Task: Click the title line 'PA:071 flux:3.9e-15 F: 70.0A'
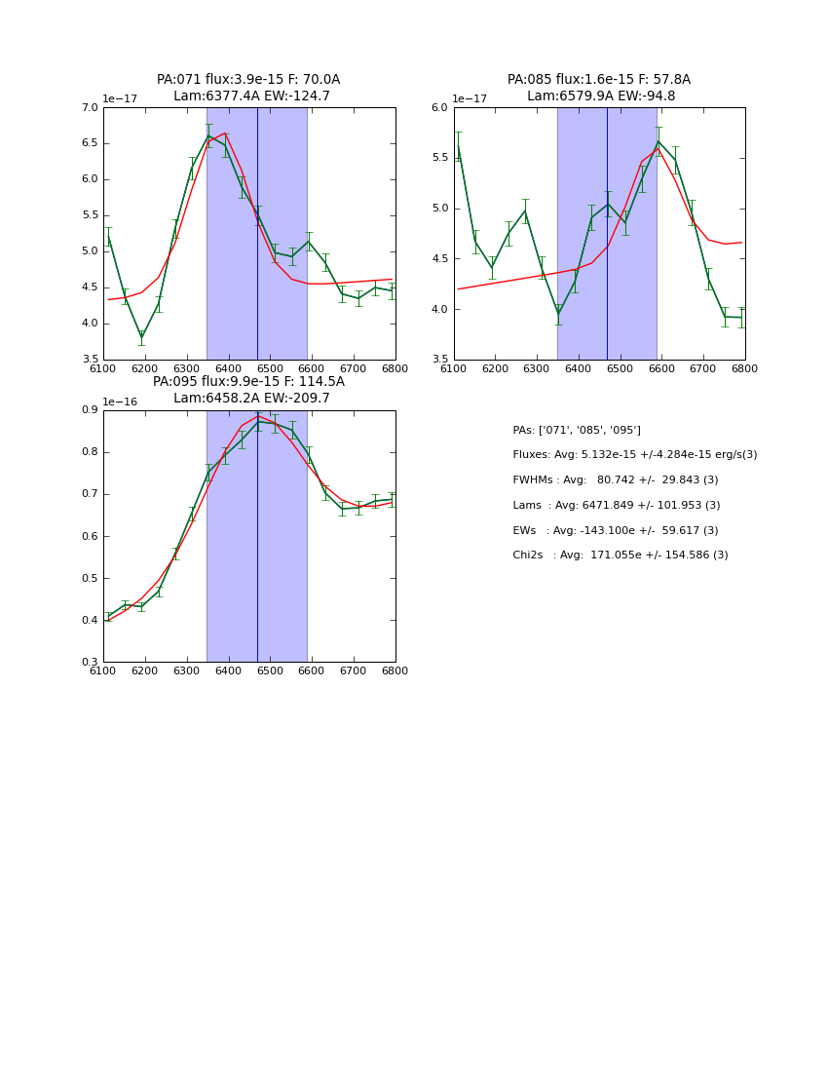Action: (248, 80)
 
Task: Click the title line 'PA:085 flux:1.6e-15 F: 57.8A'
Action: (599, 80)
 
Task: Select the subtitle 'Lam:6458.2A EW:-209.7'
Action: (251, 399)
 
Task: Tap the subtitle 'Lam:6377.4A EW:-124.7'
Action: (251, 96)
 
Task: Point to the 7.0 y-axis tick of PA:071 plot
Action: (91, 108)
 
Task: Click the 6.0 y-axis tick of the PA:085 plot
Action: (439, 108)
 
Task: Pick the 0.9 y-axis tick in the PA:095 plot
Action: (91, 410)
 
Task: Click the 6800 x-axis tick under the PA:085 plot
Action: (745, 368)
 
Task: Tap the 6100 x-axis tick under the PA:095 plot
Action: (103, 670)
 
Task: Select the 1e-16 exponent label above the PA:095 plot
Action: (120, 402)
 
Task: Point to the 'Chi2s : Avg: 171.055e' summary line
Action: (621, 555)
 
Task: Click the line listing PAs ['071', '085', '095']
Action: (577, 431)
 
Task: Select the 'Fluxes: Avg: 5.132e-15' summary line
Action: (635, 455)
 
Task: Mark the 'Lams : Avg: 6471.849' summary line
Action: (617, 506)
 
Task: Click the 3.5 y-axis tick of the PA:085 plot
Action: (439, 360)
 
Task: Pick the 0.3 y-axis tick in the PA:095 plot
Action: (91, 663)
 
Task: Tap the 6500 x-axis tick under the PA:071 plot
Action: (270, 368)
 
